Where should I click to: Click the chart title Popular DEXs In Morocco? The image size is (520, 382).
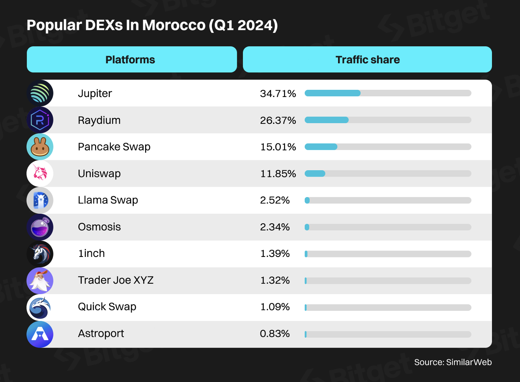click(x=152, y=25)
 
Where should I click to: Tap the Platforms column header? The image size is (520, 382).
click(x=130, y=59)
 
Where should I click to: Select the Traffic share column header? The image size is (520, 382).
click(x=367, y=59)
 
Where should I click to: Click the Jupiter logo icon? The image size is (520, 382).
click(x=40, y=93)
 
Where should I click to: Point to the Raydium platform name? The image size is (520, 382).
click(x=99, y=120)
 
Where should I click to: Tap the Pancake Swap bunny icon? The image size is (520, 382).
click(x=40, y=147)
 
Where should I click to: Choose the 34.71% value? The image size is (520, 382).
click(x=278, y=94)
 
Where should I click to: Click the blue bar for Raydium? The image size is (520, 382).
click(x=326, y=120)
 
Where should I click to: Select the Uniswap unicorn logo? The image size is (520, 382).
click(x=40, y=174)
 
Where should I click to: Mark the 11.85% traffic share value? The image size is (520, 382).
click(x=278, y=174)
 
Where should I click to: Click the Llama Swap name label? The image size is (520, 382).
click(x=108, y=200)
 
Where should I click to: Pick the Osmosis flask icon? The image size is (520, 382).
click(x=40, y=227)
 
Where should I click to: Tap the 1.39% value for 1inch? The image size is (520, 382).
click(x=275, y=254)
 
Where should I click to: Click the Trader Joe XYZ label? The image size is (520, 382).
click(x=116, y=280)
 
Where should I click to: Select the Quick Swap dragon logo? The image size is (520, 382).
click(x=40, y=307)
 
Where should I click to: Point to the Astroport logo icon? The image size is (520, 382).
click(x=40, y=334)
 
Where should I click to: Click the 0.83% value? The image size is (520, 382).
click(x=275, y=333)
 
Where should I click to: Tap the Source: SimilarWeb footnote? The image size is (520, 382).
click(x=453, y=362)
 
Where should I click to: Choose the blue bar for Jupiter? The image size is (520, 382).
click(x=332, y=93)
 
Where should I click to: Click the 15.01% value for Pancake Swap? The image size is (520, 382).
click(x=278, y=147)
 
